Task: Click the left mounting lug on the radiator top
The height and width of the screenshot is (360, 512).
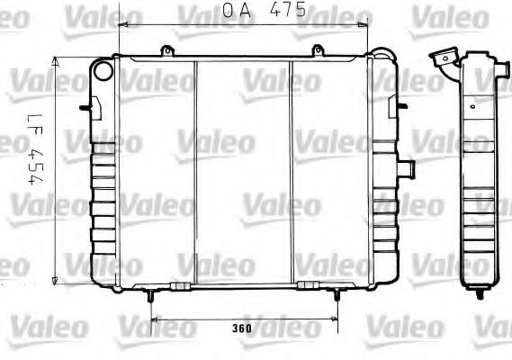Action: (165, 52)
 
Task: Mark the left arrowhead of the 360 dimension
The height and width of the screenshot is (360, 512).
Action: (153, 318)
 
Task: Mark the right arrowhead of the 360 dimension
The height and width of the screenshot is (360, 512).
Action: (337, 318)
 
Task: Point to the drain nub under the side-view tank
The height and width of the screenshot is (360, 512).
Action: (472, 288)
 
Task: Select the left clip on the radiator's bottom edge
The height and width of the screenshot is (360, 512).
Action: (179, 285)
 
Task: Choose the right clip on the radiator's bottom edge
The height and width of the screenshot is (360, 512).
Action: (309, 285)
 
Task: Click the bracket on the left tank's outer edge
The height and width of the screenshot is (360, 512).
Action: (85, 107)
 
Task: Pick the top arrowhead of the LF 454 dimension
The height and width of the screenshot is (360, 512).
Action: (57, 60)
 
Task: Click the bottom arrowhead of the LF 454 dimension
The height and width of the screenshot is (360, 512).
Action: (57, 275)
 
